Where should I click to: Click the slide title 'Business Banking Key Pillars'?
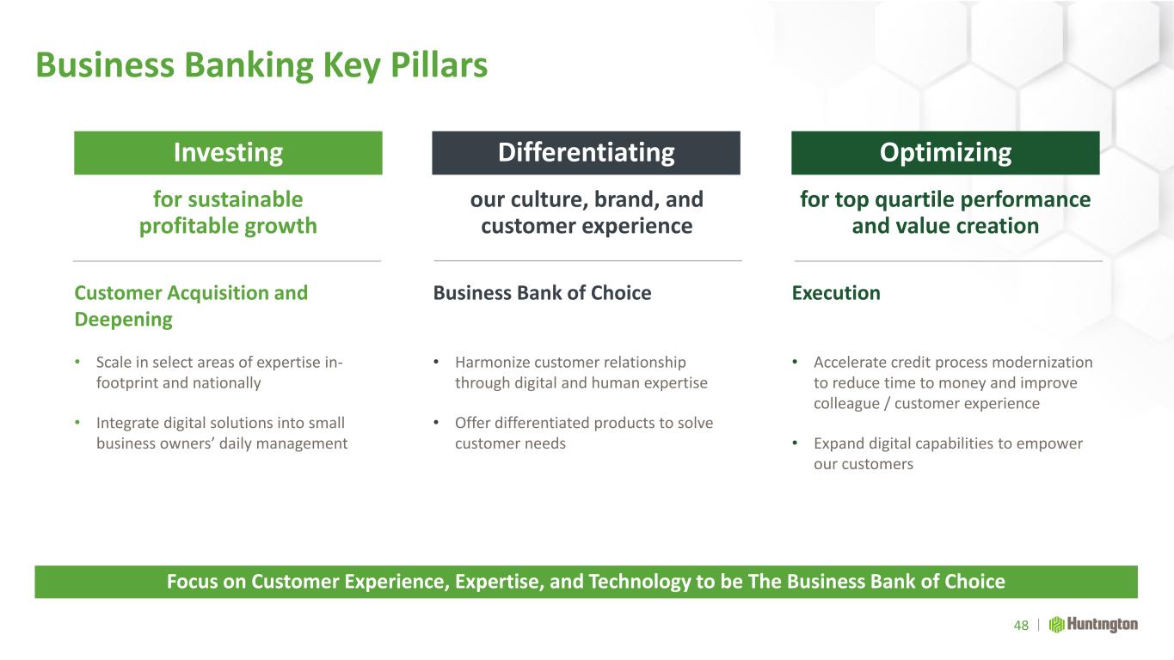tap(261, 65)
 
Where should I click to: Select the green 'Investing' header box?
tap(228, 152)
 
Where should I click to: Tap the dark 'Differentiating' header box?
tap(586, 152)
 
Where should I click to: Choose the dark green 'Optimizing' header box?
tap(945, 152)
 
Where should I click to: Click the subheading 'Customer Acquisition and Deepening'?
tap(191, 306)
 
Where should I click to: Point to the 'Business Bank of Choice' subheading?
tap(542, 293)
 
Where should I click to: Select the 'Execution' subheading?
tap(836, 293)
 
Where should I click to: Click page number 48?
tap(1021, 625)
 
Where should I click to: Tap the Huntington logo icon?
tap(1056, 625)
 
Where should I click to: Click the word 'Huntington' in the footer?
tap(1103, 625)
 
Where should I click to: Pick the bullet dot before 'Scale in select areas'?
tap(77, 362)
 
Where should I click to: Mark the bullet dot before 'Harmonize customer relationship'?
tap(436, 362)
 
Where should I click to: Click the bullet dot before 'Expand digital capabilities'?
tap(795, 443)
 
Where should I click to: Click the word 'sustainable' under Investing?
tap(245, 199)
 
